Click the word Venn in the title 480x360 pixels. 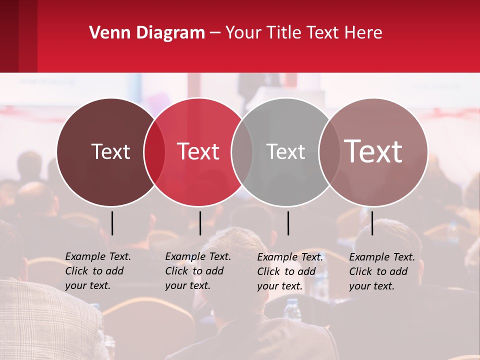click(105, 33)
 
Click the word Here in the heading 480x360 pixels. click(363, 33)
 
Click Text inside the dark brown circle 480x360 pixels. click(110, 151)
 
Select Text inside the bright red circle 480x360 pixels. click(198, 151)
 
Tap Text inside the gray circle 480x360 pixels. click(285, 151)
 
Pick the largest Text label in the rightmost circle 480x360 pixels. click(373, 151)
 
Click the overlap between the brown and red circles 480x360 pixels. click(154, 152)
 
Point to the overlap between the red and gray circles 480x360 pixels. click(242, 152)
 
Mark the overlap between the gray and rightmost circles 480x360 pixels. click(328, 152)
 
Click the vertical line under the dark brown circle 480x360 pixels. click(112, 223)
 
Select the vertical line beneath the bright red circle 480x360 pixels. click(200, 223)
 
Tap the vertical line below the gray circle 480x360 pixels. click(288, 223)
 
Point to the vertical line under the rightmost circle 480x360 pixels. click(372, 223)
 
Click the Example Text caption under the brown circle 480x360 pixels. click(97, 271)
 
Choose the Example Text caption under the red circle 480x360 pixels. click(197, 271)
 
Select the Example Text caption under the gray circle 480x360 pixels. click(289, 271)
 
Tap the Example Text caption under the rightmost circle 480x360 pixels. click(381, 271)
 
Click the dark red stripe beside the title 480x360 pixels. click(18, 36)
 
